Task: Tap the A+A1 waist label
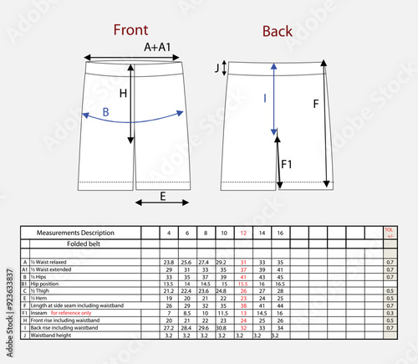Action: point(159,48)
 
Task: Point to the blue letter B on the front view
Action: point(105,112)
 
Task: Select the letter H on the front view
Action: point(123,95)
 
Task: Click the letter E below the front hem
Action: point(162,197)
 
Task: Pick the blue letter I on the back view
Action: point(265,99)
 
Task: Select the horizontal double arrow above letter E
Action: point(162,202)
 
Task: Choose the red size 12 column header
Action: point(243,232)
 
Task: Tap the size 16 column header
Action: point(280,232)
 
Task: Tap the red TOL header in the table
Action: point(388,229)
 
